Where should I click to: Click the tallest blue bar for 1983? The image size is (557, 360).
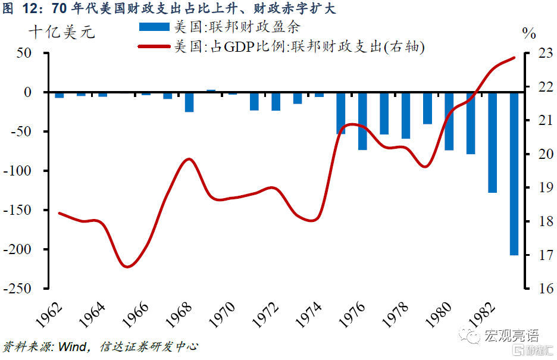pyautogui.click(x=514, y=173)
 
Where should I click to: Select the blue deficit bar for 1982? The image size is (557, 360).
pyautogui.click(x=492, y=142)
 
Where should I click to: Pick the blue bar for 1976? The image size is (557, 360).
pyautogui.click(x=362, y=121)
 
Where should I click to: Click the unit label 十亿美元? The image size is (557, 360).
pyautogui.click(x=62, y=32)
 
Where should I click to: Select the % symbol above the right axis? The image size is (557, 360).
pyautogui.click(x=529, y=33)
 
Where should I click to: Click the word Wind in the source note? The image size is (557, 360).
pyautogui.click(x=73, y=346)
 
